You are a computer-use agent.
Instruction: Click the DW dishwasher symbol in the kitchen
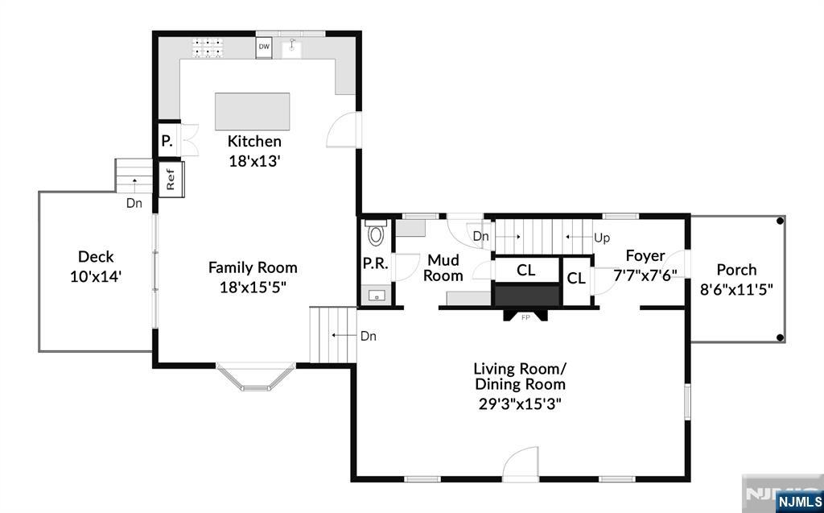[x=264, y=48]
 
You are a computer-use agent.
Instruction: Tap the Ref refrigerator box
[x=171, y=179]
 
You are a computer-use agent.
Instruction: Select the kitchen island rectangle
[x=253, y=111]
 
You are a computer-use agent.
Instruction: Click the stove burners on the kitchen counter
[x=207, y=48]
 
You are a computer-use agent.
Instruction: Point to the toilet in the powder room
[x=376, y=234]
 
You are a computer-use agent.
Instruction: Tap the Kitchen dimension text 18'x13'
[x=254, y=160]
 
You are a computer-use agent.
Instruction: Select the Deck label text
[x=96, y=257]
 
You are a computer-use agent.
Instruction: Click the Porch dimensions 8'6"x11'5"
[x=736, y=289]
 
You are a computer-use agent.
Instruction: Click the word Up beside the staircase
[x=602, y=238]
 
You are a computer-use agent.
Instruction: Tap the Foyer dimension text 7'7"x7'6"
[x=645, y=274]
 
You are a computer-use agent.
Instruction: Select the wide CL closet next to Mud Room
[x=525, y=271]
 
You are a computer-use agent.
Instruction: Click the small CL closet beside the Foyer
[x=575, y=279]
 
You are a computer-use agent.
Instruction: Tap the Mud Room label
[x=443, y=268]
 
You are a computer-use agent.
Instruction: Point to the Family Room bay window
[x=256, y=378]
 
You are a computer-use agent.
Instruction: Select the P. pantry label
[x=167, y=141]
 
